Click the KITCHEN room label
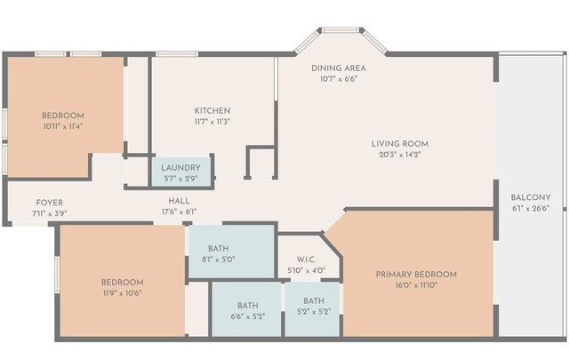pos(212,110)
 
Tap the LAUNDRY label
pos(180,167)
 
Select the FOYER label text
pos(49,203)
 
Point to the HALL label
pos(179,201)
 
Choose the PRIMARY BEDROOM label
pos(416,274)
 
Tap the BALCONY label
pos(531,197)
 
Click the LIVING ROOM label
pos(400,143)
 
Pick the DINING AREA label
pos(339,68)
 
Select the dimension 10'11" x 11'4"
pos(62,126)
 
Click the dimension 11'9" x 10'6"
pos(123,292)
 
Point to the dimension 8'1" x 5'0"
pos(219,260)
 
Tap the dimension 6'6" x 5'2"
pos(247,316)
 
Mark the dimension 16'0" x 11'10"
pos(416,285)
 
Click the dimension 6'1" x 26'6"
pos(531,208)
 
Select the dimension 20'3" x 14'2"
pos(400,154)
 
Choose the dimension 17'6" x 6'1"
pos(179,212)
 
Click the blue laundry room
pos(181,172)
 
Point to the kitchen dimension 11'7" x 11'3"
pos(212,121)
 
